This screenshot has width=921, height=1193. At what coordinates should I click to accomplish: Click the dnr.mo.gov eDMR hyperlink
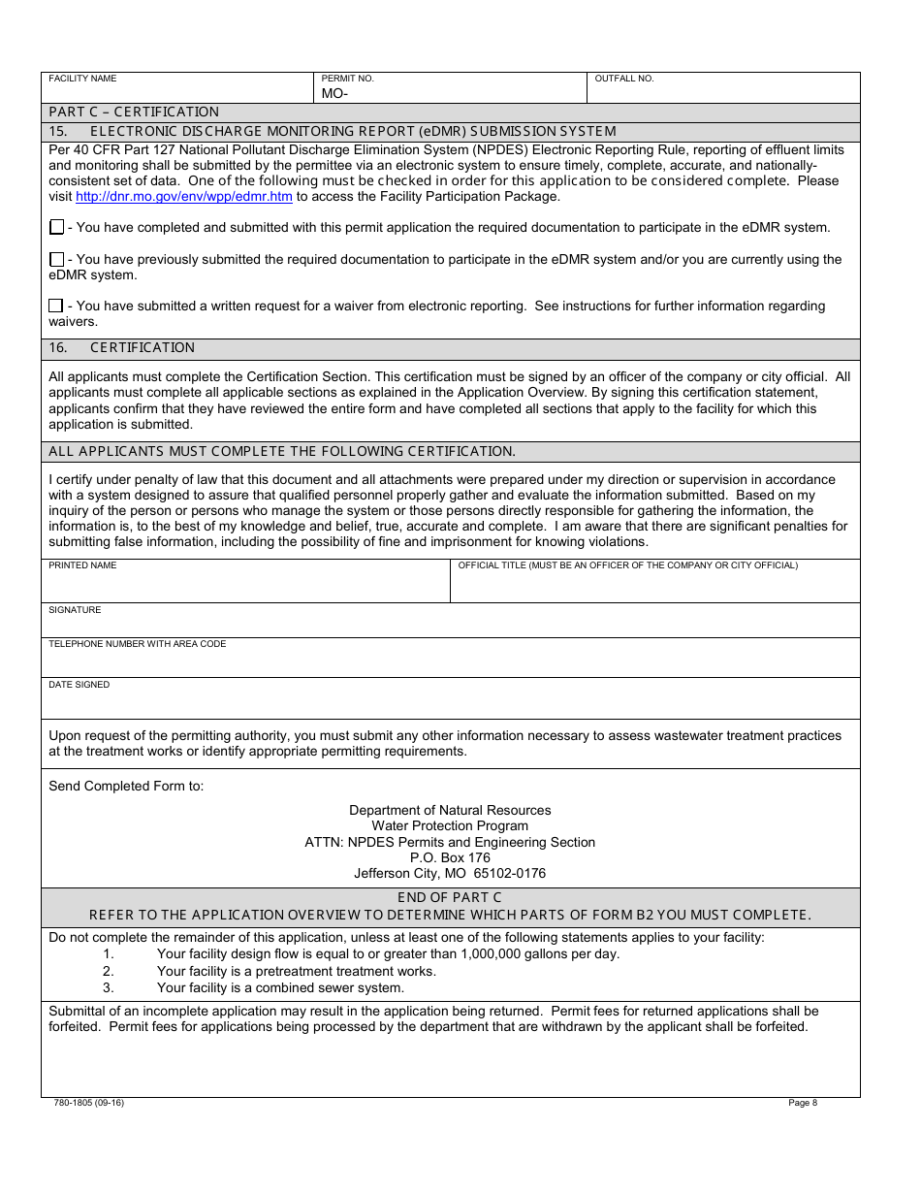tap(183, 196)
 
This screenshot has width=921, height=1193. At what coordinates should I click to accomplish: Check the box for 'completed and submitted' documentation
tap(56, 227)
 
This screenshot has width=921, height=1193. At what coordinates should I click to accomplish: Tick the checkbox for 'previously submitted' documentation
tap(56, 259)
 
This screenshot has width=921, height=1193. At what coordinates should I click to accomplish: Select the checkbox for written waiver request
tap(56, 306)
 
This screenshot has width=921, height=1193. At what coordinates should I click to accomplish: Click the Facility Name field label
tap(82, 79)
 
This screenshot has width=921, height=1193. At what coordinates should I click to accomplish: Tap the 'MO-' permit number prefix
tap(334, 94)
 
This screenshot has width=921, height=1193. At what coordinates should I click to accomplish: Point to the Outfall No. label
tap(623, 79)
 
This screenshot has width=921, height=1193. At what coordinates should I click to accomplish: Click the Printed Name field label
tap(82, 565)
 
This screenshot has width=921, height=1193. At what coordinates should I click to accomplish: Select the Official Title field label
tap(627, 565)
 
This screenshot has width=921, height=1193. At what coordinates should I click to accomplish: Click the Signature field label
tap(75, 610)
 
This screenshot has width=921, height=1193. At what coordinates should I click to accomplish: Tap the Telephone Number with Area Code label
tap(137, 644)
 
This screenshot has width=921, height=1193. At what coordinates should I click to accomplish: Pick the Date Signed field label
tap(79, 685)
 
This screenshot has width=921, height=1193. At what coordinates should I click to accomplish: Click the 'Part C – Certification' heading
tap(134, 112)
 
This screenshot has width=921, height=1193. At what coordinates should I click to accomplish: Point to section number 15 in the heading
tap(57, 131)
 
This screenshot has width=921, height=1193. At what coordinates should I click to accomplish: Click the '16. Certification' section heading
tap(122, 347)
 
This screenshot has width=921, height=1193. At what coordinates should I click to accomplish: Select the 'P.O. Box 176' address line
tap(450, 857)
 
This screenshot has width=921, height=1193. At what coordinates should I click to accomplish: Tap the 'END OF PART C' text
tap(450, 897)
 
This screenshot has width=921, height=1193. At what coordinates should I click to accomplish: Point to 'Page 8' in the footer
tap(803, 1103)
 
